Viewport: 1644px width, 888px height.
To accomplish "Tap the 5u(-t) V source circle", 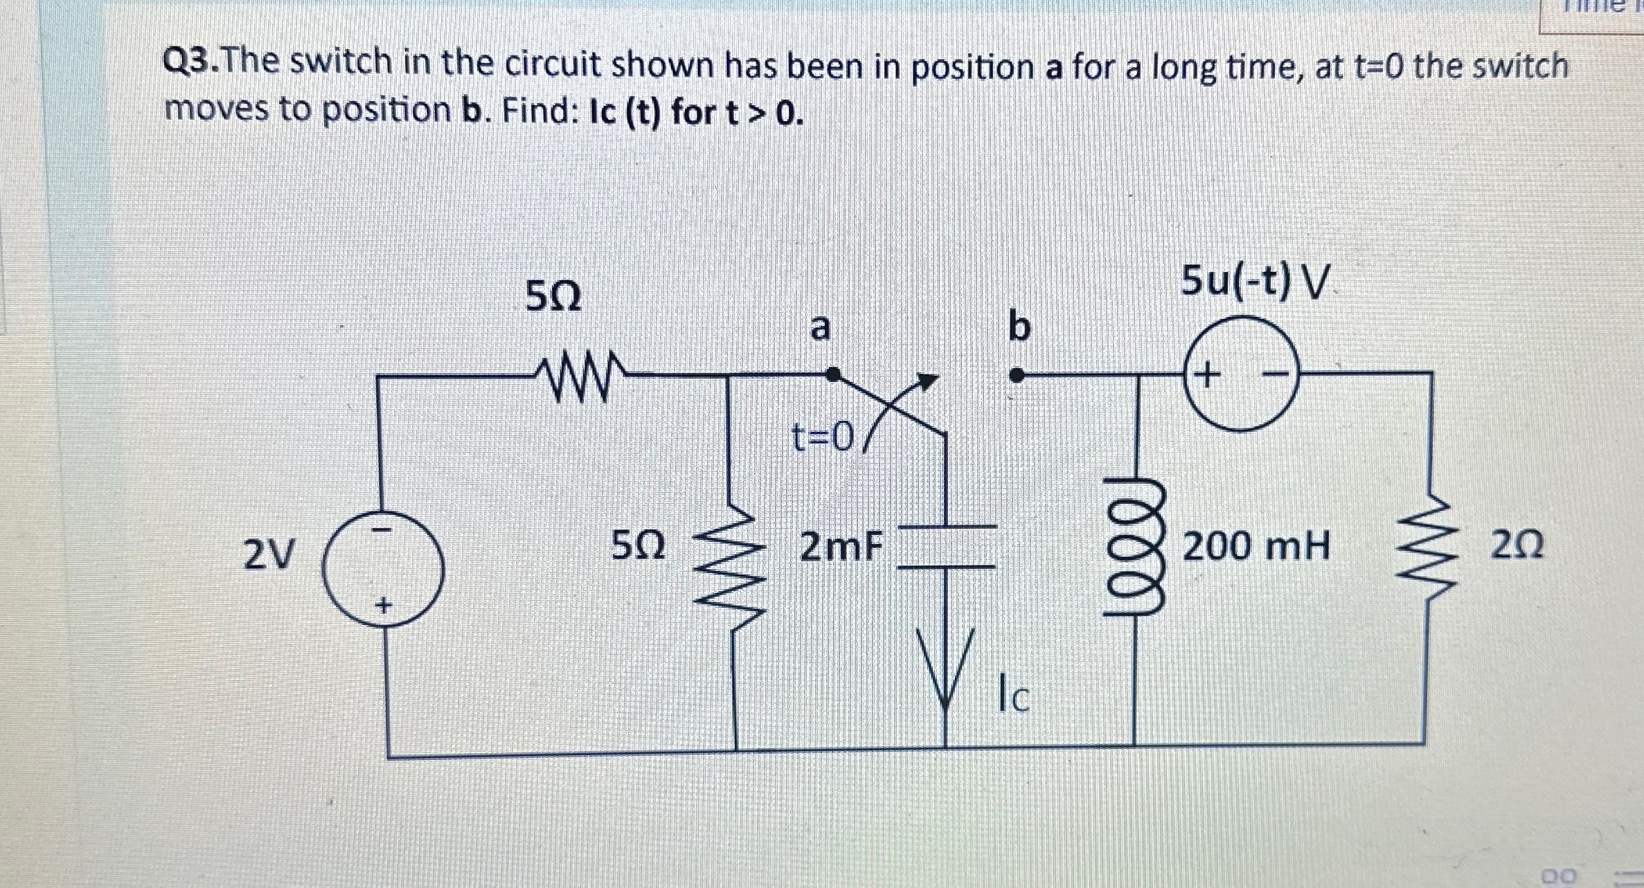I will [x=1240, y=374].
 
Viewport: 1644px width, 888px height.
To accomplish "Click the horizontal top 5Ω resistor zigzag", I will [x=580, y=378].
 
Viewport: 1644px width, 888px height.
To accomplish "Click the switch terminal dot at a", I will [x=834, y=374].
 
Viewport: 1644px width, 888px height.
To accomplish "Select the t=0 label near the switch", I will [x=823, y=437].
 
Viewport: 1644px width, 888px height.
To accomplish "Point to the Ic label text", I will [x=1013, y=698].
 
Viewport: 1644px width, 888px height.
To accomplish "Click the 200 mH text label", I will [x=1256, y=547].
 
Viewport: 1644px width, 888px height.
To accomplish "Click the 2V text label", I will [x=269, y=553].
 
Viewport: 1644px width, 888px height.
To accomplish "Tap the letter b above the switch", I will [x=1019, y=327].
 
